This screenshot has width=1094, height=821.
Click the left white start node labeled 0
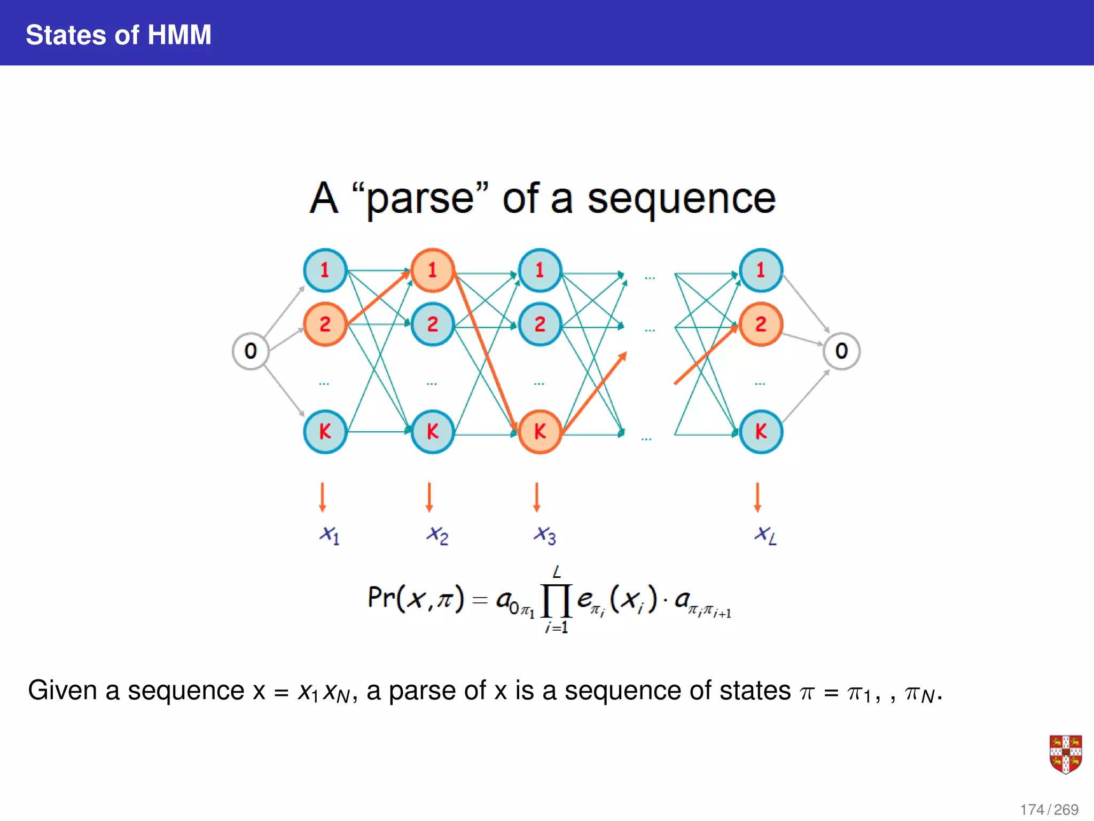pos(251,351)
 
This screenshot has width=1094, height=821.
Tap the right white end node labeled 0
pos(841,351)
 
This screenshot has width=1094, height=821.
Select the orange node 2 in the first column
pos(325,324)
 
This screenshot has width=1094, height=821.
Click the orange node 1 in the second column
pos(433,270)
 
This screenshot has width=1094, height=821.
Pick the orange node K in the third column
pos(540,432)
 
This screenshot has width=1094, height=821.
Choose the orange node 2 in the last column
pos(761,324)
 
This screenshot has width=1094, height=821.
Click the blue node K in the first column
pos(325,432)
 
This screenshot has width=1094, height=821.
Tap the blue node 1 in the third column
pos(540,270)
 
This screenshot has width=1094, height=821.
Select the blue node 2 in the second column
pos(433,324)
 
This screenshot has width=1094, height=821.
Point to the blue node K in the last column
pos(761,432)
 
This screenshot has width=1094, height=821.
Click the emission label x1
pos(329,535)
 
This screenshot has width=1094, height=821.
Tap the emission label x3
pos(544,535)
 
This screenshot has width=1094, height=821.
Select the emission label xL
pos(765,535)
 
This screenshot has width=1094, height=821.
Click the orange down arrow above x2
pos(429,497)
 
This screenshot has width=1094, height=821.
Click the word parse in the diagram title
pos(420,199)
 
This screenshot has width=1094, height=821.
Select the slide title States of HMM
pos(119,35)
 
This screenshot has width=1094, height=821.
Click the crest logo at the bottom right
pos(1065,754)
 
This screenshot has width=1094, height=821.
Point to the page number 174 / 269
pos(1049,810)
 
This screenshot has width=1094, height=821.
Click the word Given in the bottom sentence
pos(62,691)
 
